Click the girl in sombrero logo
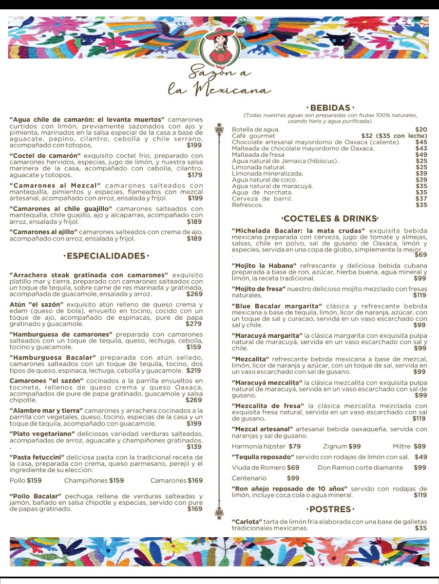point(216,49)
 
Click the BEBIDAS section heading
point(330,108)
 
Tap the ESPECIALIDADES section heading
point(106,256)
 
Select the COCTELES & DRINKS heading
point(330,219)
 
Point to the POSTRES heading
point(330,509)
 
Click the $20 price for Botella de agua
point(421,129)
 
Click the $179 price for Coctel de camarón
point(194,175)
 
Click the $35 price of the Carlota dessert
point(421,528)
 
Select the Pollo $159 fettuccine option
point(26,480)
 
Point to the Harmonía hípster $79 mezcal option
point(266,446)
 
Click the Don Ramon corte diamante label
point(361,467)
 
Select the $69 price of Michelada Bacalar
point(420,255)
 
